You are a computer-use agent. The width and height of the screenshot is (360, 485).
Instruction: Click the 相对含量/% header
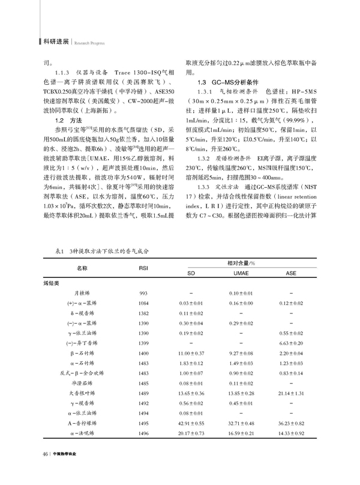(x=242, y=263)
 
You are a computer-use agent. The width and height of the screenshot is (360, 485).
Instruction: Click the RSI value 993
(x=143, y=293)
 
